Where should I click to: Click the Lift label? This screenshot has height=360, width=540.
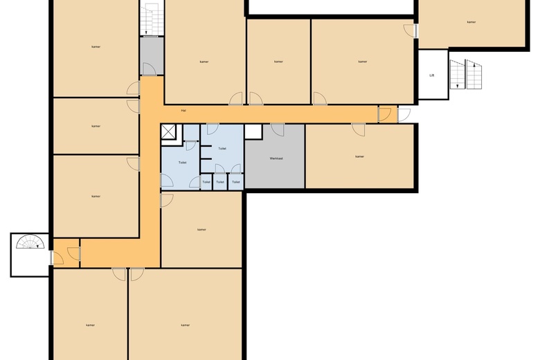point(432,75)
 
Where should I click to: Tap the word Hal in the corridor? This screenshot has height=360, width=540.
point(183,110)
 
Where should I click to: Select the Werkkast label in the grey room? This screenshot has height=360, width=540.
point(276,159)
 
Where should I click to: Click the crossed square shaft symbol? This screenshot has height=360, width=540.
point(169,132)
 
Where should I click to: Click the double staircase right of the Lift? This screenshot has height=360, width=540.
point(466,75)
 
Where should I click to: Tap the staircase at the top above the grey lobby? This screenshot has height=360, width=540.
point(150,19)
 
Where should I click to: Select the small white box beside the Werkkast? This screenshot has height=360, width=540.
point(253,132)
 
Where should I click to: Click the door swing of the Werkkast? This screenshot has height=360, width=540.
point(278,129)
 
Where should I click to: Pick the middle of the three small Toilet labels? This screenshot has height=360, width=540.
point(219,182)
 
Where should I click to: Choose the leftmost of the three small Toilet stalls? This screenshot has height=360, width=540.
point(206,181)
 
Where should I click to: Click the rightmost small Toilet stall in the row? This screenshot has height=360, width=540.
point(236,181)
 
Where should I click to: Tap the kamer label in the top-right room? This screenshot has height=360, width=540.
point(471,22)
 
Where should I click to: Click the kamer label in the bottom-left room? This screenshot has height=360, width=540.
point(90,325)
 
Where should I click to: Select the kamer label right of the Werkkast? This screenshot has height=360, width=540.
point(359,156)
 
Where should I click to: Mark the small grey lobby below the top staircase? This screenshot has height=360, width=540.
point(151,56)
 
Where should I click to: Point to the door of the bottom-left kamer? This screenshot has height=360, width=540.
point(120,274)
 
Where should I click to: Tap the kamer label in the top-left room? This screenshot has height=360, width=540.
point(96,46)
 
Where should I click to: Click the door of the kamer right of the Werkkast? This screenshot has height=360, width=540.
point(358,129)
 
